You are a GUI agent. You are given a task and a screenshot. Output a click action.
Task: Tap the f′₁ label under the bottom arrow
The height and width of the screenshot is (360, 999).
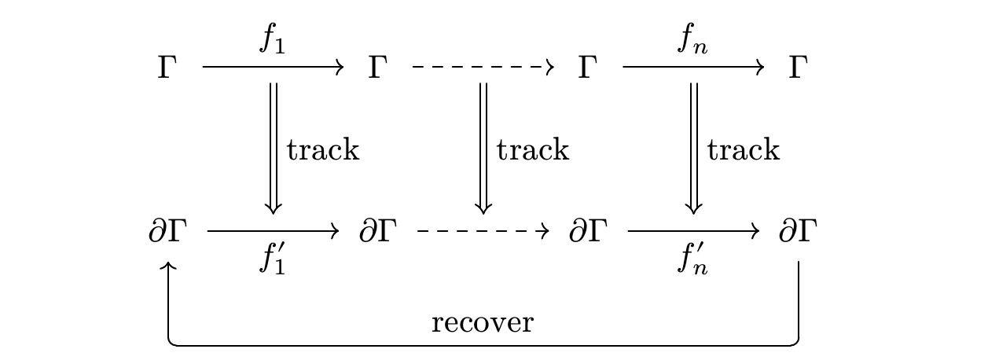pyautogui.click(x=273, y=259)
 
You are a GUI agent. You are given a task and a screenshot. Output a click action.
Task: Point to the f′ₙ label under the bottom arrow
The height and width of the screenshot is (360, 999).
pyautogui.click(x=692, y=259)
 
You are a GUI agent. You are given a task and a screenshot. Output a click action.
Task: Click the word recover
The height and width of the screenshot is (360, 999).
pyautogui.click(x=483, y=322)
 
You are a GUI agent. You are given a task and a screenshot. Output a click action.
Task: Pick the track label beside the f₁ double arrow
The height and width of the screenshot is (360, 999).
pyautogui.click(x=323, y=149)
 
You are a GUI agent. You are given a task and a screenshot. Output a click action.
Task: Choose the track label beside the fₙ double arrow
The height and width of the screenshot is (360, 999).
pyautogui.click(x=744, y=149)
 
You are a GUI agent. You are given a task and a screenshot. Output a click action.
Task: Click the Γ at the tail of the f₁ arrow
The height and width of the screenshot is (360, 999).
pyautogui.click(x=167, y=68)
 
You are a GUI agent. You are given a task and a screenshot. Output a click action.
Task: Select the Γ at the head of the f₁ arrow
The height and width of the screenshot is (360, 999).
pyautogui.click(x=377, y=68)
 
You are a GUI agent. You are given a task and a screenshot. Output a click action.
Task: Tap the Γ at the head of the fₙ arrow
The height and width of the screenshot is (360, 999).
pyautogui.click(x=799, y=68)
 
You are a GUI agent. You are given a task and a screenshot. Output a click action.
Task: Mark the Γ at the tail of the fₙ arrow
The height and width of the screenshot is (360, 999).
pyautogui.click(x=588, y=68)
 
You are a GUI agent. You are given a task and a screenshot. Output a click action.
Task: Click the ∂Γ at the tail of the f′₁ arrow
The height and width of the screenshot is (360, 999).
pyautogui.click(x=167, y=231)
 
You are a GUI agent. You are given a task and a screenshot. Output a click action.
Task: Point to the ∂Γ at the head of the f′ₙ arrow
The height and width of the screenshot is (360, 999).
pyautogui.click(x=799, y=231)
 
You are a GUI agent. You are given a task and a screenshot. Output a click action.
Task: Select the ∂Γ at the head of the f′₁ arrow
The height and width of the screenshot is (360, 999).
pyautogui.click(x=378, y=231)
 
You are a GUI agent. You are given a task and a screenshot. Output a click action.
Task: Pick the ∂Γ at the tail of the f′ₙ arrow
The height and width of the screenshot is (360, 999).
pyautogui.click(x=588, y=231)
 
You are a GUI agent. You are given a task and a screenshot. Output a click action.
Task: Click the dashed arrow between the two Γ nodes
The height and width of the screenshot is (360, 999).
pyautogui.click(x=483, y=67)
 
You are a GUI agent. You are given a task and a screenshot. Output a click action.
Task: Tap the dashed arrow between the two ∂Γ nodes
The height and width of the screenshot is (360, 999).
pyautogui.click(x=483, y=231)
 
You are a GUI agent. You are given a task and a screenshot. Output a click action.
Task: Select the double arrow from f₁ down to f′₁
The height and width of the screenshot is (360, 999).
pyautogui.click(x=274, y=149)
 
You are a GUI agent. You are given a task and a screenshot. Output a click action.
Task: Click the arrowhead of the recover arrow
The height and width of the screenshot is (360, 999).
pyautogui.click(x=168, y=264)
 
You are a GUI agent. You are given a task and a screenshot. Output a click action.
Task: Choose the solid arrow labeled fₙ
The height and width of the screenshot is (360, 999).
pyautogui.click(x=693, y=67)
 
